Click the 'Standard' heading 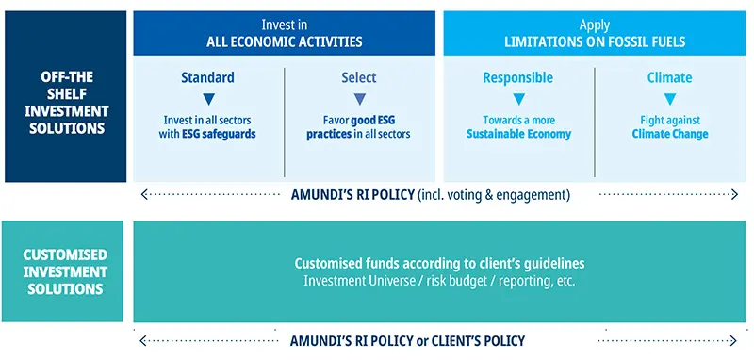pyautogui.click(x=207, y=77)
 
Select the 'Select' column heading pyautogui.click(x=358, y=77)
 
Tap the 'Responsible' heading pyautogui.click(x=517, y=77)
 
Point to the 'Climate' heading pyautogui.click(x=669, y=77)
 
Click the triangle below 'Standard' pyautogui.click(x=208, y=98)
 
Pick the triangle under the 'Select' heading pyautogui.click(x=359, y=98)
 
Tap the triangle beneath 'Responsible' pyautogui.click(x=518, y=98)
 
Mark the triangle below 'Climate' pyautogui.click(x=670, y=98)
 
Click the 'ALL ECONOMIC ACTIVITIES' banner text pyautogui.click(x=284, y=42)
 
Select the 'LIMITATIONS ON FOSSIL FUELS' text pyautogui.click(x=596, y=42)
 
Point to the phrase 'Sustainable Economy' pyautogui.click(x=518, y=135)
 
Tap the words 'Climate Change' pyautogui.click(x=670, y=135)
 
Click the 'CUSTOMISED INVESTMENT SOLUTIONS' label pyautogui.click(x=64, y=271)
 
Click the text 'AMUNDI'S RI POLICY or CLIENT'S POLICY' pyautogui.click(x=407, y=340)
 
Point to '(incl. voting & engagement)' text pyautogui.click(x=497, y=195)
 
